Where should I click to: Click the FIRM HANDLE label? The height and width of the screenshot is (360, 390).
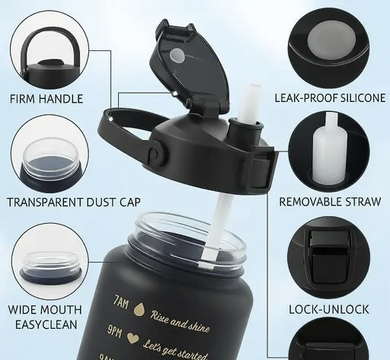pyautogui.click(x=45, y=99)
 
